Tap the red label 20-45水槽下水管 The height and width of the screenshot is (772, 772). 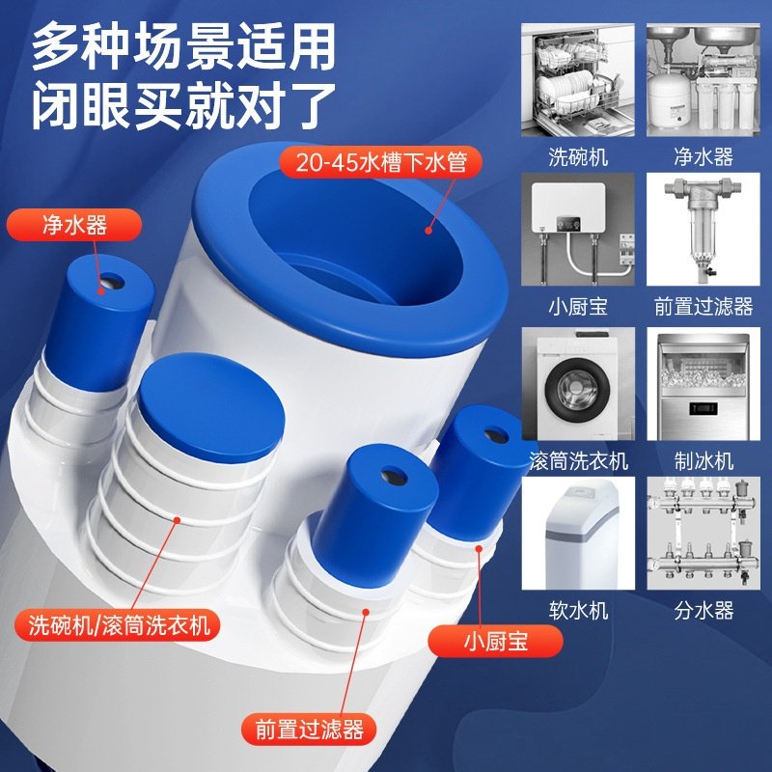(381, 161)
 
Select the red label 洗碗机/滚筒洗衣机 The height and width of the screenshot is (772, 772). (112, 624)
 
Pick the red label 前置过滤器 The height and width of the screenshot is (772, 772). (309, 729)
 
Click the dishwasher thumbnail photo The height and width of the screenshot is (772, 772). (578, 79)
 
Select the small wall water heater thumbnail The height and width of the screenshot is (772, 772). (578, 229)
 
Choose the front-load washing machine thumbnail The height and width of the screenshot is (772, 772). (578, 384)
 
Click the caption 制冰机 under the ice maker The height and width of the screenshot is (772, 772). (703, 460)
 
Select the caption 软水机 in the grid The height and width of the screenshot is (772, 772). (578, 610)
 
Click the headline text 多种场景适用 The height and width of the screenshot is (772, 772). (183, 46)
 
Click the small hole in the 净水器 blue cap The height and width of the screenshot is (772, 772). (110, 283)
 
